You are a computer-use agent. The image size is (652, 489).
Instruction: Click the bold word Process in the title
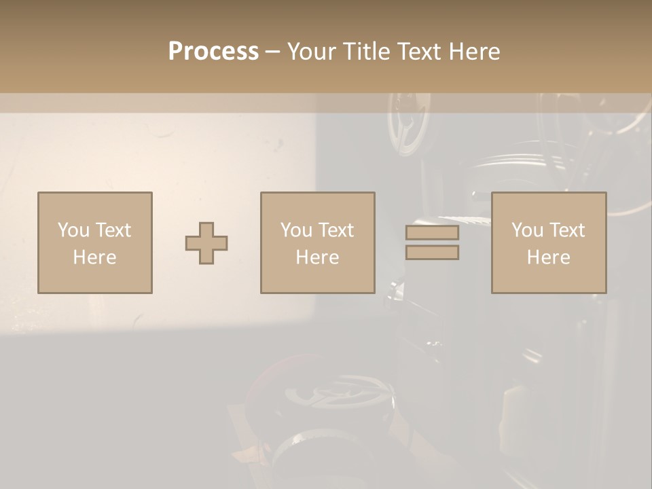coord(213,52)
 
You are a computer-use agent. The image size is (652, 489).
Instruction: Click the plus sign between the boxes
coord(206,243)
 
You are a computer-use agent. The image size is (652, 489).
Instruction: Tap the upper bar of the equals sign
coord(432,233)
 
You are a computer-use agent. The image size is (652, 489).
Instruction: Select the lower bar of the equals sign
coord(432,253)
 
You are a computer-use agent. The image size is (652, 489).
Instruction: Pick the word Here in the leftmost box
coord(94,257)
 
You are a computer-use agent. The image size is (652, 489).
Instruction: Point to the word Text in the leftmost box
coord(113,230)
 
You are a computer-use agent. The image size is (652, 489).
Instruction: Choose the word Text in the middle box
coord(336,230)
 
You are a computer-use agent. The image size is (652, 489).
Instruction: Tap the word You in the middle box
coord(295,230)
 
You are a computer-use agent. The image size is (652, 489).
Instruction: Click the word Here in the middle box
coord(317,257)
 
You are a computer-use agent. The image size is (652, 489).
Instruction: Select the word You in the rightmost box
coord(526,230)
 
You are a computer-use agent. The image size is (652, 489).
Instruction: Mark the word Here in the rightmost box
coord(548,257)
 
